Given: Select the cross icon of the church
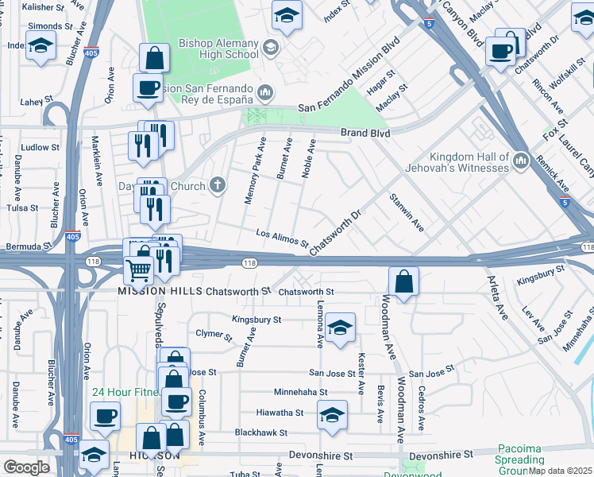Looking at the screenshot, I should tap(218, 186).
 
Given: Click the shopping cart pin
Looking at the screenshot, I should tap(139, 270).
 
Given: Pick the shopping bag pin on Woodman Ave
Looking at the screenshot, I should tap(404, 281).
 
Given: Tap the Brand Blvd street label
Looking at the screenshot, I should tap(365, 134).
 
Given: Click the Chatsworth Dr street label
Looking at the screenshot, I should tap(335, 233).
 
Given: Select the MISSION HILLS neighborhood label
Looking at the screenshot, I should tap(160, 292).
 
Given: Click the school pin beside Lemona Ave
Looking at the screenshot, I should tap(340, 328).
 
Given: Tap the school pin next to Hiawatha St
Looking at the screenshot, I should tap(332, 414).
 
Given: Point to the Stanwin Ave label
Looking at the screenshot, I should tap(406, 212).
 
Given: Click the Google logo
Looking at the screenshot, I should tap(26, 467).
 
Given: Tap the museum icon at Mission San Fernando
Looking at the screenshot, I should tap(265, 94).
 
